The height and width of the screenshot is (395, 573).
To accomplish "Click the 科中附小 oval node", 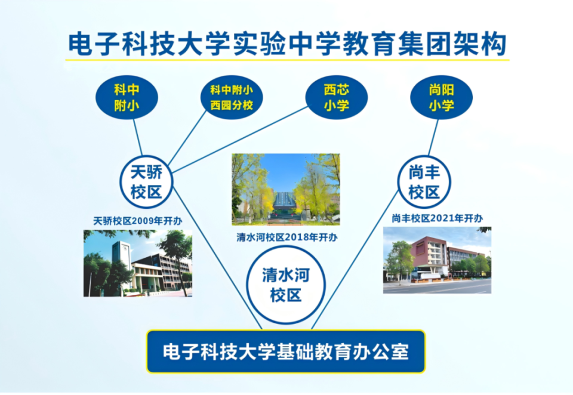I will (127, 98).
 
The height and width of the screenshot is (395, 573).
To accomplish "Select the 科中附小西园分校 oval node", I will (232, 98).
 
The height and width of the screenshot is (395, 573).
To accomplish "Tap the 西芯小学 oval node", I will (336, 97).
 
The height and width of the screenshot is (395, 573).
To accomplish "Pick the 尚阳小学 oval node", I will (442, 97).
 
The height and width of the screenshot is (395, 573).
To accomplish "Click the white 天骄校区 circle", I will (146, 183).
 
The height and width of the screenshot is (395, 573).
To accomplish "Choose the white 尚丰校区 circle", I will (424, 183).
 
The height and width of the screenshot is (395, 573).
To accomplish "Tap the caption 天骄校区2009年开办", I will (138, 221).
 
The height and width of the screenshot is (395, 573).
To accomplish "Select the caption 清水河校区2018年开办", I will (286, 237).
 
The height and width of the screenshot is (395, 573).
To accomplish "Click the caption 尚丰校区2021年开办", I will (437, 218).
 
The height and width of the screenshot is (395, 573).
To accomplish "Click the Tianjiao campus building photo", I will (138, 263).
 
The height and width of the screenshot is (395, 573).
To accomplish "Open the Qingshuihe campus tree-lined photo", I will (285, 189).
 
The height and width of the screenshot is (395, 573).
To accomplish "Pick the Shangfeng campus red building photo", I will (437, 260).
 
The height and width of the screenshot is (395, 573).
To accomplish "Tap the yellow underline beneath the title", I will (286, 60).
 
